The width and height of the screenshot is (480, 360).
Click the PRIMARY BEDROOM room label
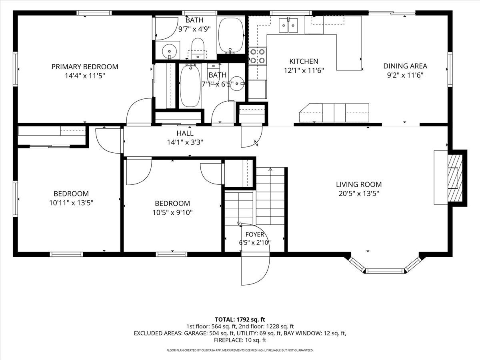tap(85, 67)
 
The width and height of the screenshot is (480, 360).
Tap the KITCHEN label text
tap(304, 61)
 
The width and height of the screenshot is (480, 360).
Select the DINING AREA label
tap(405, 66)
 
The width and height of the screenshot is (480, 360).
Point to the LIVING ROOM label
tap(359, 184)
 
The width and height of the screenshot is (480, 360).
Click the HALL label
tap(185, 133)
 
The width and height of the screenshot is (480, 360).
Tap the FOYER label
tap(255, 234)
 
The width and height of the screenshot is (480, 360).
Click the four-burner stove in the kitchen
tap(258, 56)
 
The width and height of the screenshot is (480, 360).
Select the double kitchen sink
tap(288, 25)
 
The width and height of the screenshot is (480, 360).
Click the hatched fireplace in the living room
tap(455, 178)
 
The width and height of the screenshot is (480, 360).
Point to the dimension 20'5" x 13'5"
tap(359, 194)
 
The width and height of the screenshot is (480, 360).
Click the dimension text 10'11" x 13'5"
tap(71, 203)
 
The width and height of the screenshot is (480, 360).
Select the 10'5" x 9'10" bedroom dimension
tap(172, 212)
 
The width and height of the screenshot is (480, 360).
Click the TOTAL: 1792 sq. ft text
tap(240, 320)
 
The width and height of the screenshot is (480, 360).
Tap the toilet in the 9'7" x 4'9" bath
tap(198, 48)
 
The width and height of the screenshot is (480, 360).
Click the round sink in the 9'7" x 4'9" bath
tap(170, 51)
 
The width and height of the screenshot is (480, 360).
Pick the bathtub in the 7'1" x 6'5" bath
tap(190, 86)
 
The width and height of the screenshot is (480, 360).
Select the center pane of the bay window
tap(385, 271)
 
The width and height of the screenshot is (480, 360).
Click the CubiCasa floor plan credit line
tap(240, 350)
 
